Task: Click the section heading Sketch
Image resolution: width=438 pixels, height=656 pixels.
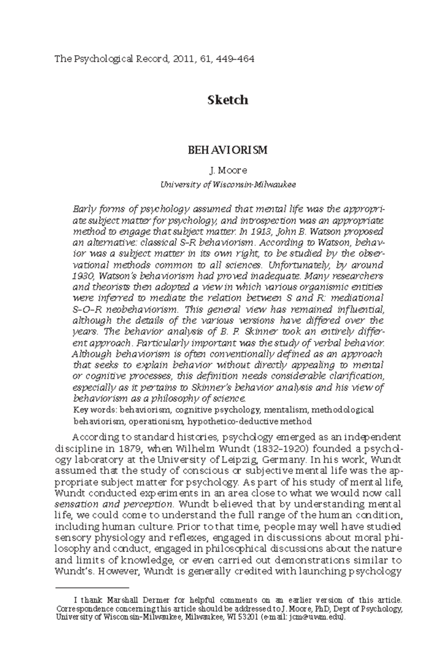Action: [x=228, y=100]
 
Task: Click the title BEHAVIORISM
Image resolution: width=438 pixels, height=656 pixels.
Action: [x=228, y=150]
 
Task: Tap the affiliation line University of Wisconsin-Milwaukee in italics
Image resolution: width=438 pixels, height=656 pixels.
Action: [x=228, y=184]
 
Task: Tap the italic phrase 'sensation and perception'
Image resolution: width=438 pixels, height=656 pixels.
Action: [x=113, y=505]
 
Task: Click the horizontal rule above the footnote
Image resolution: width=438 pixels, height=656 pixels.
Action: [x=92, y=588]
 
